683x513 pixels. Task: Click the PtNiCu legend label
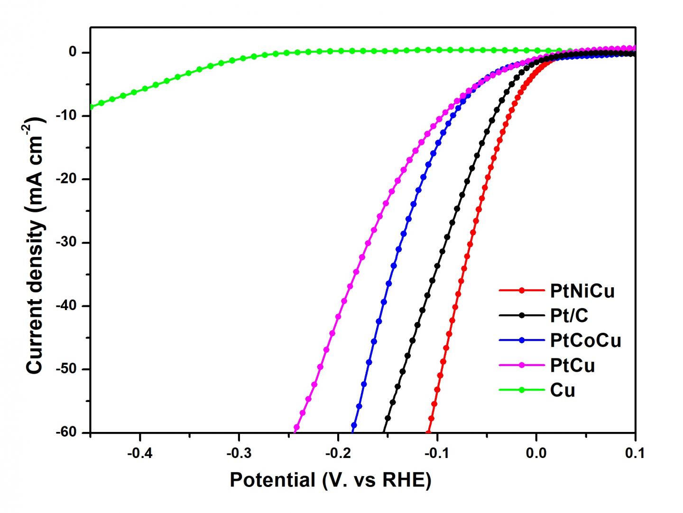pos(582,291)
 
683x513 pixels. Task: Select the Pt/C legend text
pos(569,315)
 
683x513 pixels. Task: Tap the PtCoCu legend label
pos(585,340)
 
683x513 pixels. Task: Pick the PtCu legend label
pos(572,365)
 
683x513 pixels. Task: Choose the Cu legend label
pos(563,390)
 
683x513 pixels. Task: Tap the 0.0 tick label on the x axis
pos(536,453)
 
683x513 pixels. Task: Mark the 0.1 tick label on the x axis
pos(635,453)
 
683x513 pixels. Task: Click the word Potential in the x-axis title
pos(272,480)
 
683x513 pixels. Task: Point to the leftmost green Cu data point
pos(91,107)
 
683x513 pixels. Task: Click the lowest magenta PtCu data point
pos(297,428)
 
